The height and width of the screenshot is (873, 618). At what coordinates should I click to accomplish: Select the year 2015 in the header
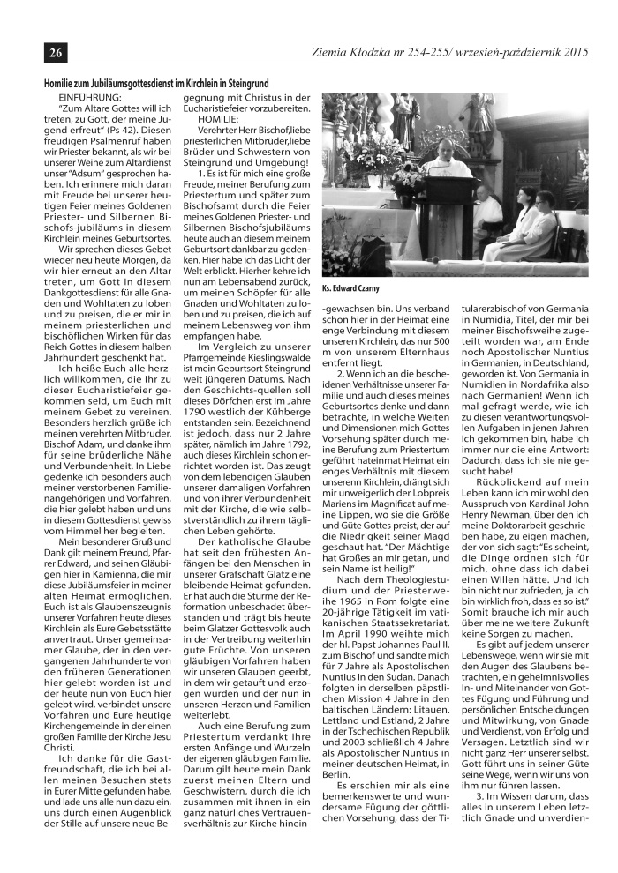coord(576,51)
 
